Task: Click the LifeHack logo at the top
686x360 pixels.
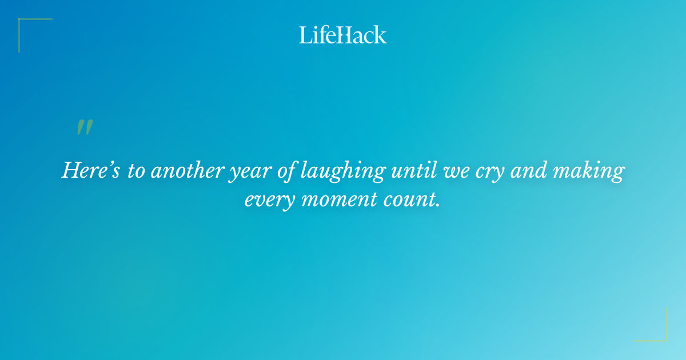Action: point(343,35)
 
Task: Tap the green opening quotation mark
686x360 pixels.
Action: point(84,127)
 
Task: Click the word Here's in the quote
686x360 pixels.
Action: point(90,171)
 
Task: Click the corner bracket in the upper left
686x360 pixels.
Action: point(23,23)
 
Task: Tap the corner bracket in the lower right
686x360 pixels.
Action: point(663,337)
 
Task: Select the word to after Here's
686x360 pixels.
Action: point(135,171)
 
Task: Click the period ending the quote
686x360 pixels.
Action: point(438,206)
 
